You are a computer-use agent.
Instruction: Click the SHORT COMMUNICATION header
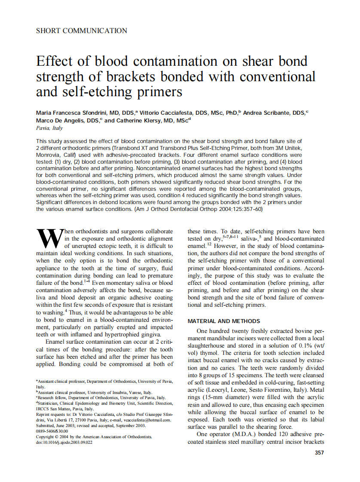pyautogui.click(x=82, y=31)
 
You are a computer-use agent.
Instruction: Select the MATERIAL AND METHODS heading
pyautogui.click(x=224, y=321)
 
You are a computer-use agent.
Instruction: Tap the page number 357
pyautogui.click(x=319, y=452)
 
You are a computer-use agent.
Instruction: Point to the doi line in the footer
pyautogui.click(x=64, y=442)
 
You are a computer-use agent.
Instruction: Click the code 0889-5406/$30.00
pyautogui.click(x=52, y=431)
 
